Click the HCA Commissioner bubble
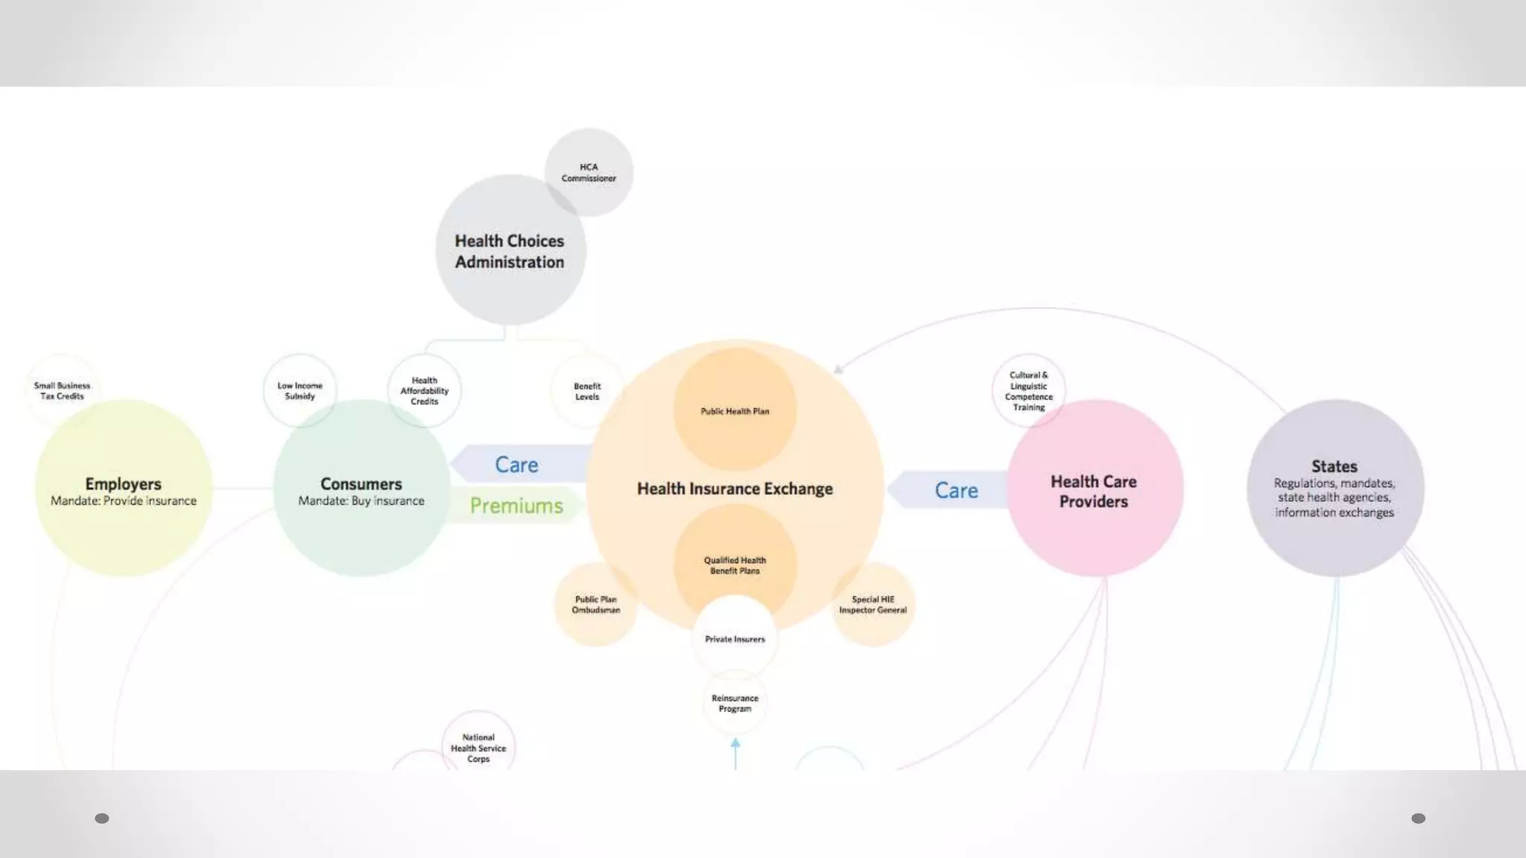click(x=589, y=172)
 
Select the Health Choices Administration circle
click(x=510, y=251)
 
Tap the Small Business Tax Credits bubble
click(x=62, y=390)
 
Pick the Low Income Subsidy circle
click(x=300, y=390)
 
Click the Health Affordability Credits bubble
click(x=425, y=390)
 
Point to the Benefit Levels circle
click(x=587, y=391)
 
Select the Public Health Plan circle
click(x=735, y=410)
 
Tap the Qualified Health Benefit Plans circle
click(x=735, y=565)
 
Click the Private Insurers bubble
click(x=735, y=639)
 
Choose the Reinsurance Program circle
click(x=735, y=703)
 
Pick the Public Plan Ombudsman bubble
click(x=596, y=604)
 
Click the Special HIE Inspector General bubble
click(x=873, y=604)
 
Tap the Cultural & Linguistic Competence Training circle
click(x=1028, y=390)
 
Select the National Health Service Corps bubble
click(x=478, y=748)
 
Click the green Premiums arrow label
click(x=516, y=506)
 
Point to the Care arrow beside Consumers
click(x=516, y=465)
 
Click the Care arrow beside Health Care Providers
click(x=956, y=490)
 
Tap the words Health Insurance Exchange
click(x=735, y=489)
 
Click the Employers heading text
click(x=123, y=483)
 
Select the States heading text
click(x=1335, y=466)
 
